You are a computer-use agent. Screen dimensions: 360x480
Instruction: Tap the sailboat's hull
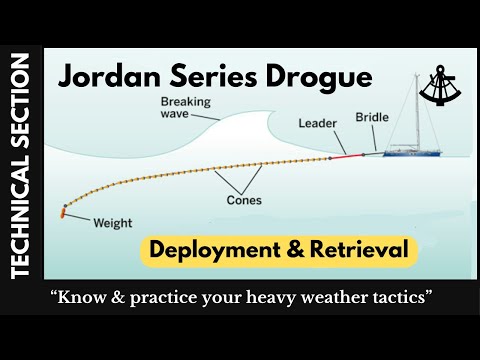pos(415,153)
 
